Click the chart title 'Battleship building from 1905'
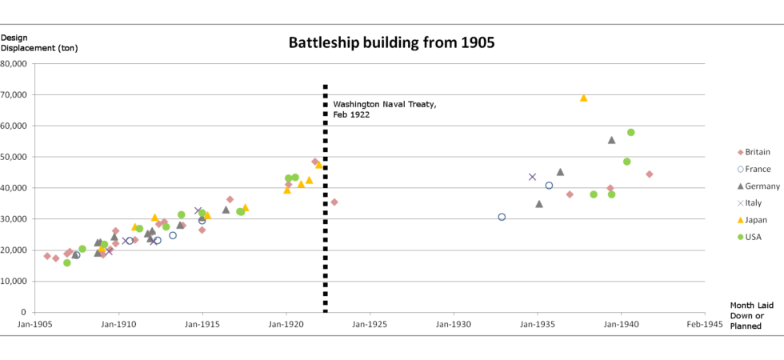(391, 43)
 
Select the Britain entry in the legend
(756, 152)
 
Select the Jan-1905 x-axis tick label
(34, 325)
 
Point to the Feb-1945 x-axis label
(704, 325)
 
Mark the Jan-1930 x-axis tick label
(454, 325)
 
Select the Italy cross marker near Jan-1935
(532, 177)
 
